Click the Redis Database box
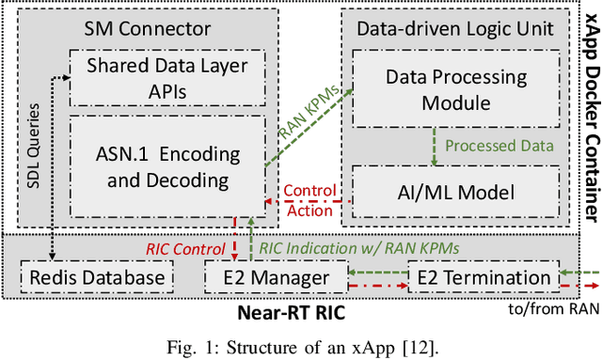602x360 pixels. [97, 277]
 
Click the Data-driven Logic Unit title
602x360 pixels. [453, 28]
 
